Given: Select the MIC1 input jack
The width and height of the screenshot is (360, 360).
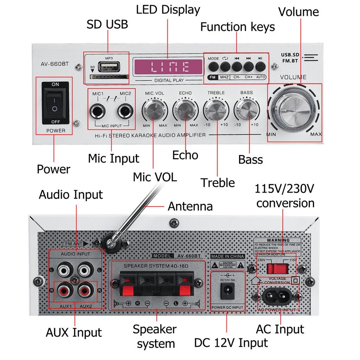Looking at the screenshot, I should pos(98,112).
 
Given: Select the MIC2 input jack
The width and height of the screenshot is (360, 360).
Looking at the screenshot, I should pos(125,112).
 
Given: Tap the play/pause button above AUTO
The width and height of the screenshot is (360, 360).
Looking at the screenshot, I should pos(260,66).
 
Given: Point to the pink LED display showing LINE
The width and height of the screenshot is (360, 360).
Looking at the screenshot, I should pos(168,67).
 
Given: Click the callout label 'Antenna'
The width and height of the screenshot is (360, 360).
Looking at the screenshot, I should pos(190,206).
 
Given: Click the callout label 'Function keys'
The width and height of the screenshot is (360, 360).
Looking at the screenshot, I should pos(238,27).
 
